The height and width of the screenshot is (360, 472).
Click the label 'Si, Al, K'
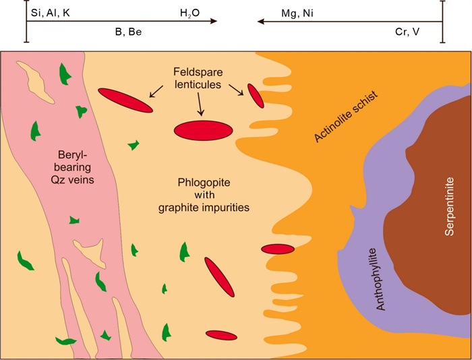(x=51, y=13)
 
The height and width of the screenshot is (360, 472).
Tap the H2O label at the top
(x=190, y=13)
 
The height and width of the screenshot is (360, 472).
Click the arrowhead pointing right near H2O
(x=212, y=22)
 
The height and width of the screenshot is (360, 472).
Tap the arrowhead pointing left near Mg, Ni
(x=261, y=22)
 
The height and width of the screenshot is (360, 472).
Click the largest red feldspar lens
(x=204, y=129)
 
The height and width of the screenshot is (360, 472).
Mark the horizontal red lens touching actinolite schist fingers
(x=278, y=249)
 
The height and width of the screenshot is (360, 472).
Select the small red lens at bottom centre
(x=220, y=334)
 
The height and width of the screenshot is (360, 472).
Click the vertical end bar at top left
(x=26, y=22)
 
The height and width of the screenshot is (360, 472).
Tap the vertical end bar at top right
(x=442, y=22)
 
